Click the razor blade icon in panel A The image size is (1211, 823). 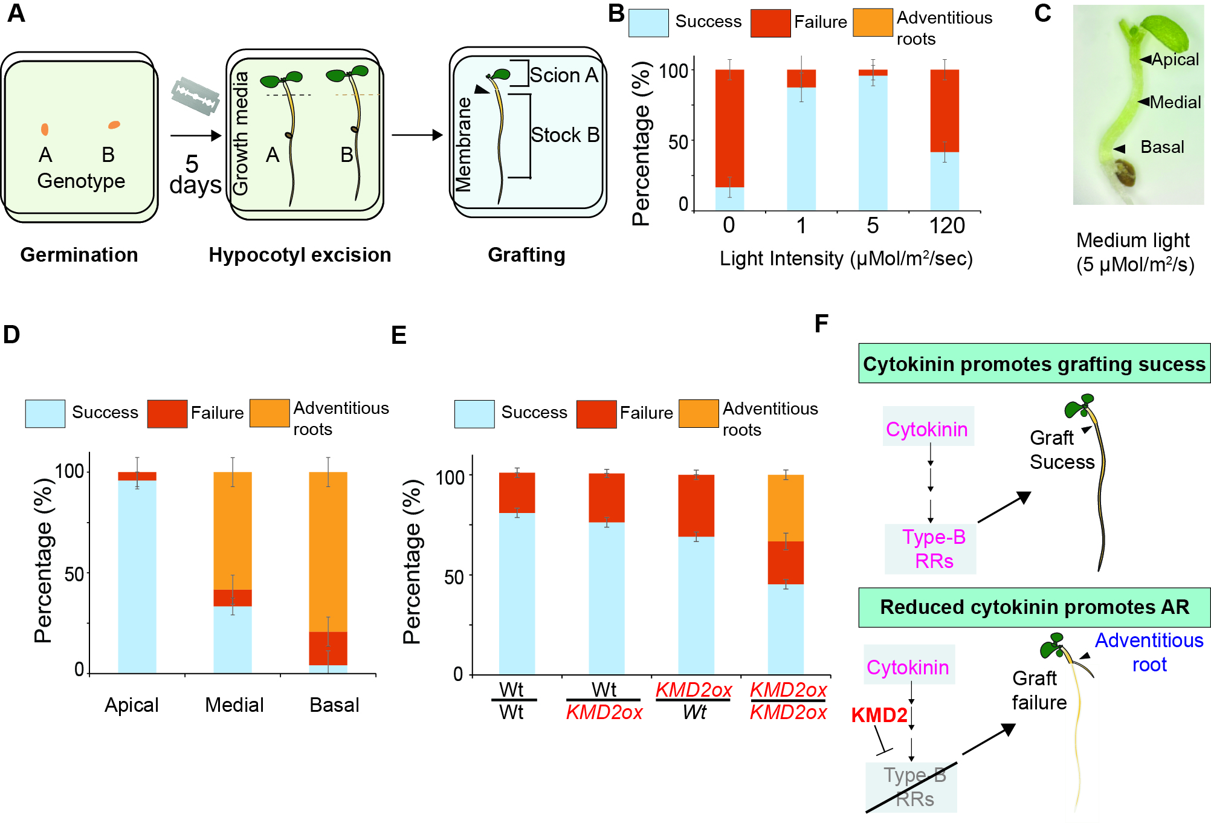coord(195,96)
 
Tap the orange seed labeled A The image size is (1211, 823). coord(45,129)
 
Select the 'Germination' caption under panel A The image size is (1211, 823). coord(79,255)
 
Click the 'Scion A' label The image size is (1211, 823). coord(563,75)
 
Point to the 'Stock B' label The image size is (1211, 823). coord(565,135)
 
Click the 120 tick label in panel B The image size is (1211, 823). coord(946,226)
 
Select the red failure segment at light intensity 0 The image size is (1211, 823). coord(729,128)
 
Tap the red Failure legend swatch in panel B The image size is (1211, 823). coord(770,23)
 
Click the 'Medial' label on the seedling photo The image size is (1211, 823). coord(1175,102)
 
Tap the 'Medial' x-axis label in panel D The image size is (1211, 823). coord(234,705)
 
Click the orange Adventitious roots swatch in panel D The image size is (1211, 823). coord(270,413)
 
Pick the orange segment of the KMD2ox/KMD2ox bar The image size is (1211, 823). coord(786,508)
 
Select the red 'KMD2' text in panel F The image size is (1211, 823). coord(879,715)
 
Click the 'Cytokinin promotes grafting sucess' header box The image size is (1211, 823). coord(1034,364)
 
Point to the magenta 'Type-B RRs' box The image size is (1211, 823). coord(933,549)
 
